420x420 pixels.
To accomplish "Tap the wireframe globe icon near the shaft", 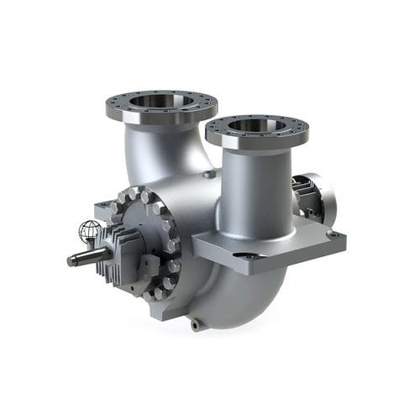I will pos(90,231).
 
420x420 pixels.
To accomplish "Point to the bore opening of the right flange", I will pos(257,126).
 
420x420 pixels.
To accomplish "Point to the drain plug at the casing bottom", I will pos(195,323).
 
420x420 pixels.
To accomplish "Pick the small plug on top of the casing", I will pos(207,174).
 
